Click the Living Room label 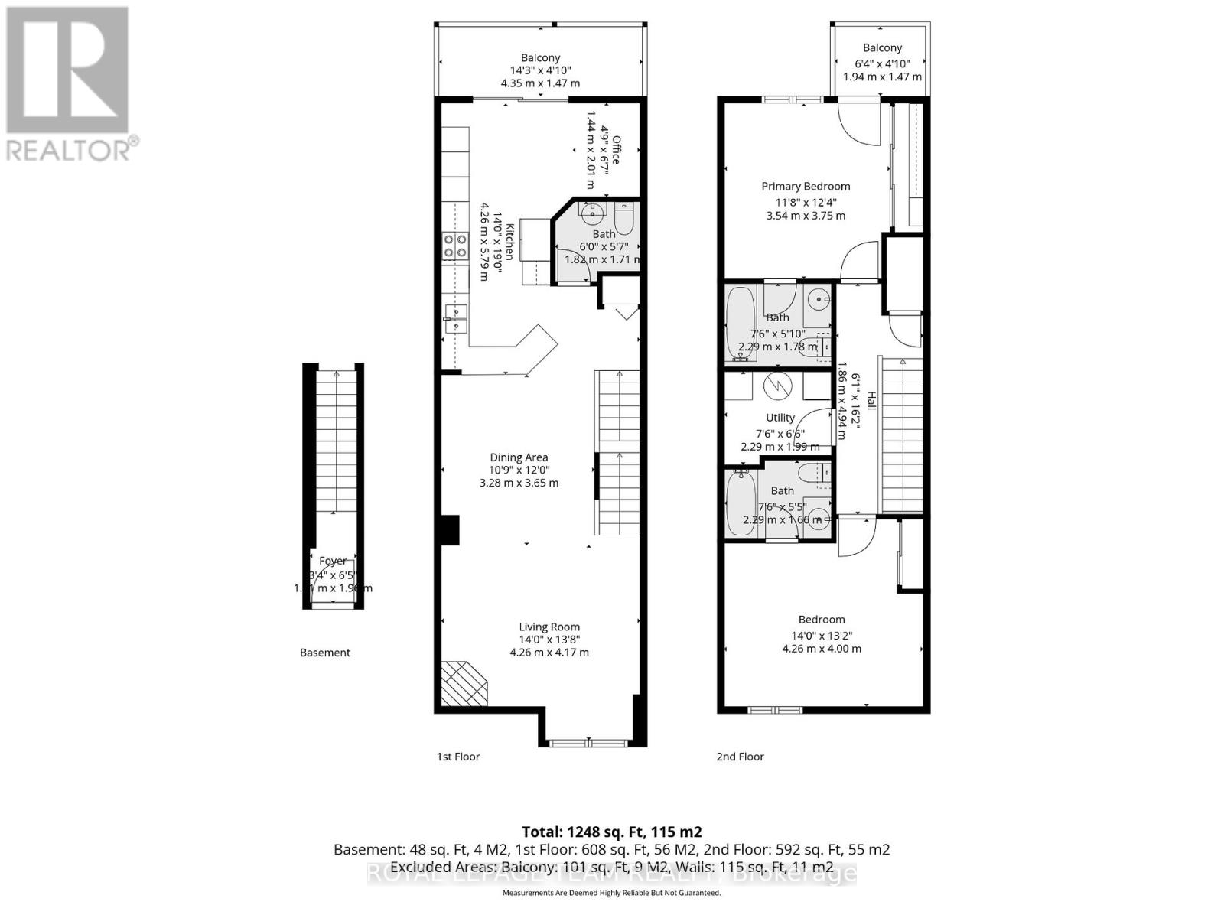[549, 627]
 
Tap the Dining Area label [519, 457]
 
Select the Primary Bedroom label [806, 186]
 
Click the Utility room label [780, 418]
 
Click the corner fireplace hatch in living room [464, 683]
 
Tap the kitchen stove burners [455, 246]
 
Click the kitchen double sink [455, 318]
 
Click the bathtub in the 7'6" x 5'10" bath [740, 323]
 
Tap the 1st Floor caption [458, 757]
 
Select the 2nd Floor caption [740, 757]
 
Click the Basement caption [325, 653]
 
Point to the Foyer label [333, 561]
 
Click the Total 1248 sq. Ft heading [611, 832]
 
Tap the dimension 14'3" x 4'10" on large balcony [540, 70]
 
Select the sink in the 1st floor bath [591, 210]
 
